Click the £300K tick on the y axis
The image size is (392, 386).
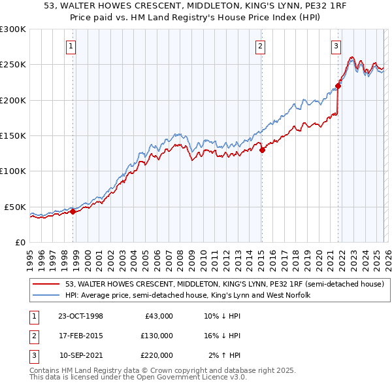coord(13,29)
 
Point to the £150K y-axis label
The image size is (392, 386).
coord(13,135)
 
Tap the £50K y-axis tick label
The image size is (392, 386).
coord(16,207)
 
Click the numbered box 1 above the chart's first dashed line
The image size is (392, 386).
coord(71,46)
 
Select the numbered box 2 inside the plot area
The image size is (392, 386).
coord(260,46)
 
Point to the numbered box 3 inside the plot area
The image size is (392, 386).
coord(336,46)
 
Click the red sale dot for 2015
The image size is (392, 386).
coord(262,150)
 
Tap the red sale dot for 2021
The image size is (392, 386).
coord(338,86)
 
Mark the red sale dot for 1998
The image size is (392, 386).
coord(73,211)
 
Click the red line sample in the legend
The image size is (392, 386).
coord(46,284)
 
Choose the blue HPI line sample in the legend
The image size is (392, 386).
coord(46,295)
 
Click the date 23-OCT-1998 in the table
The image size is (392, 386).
coord(80,316)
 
